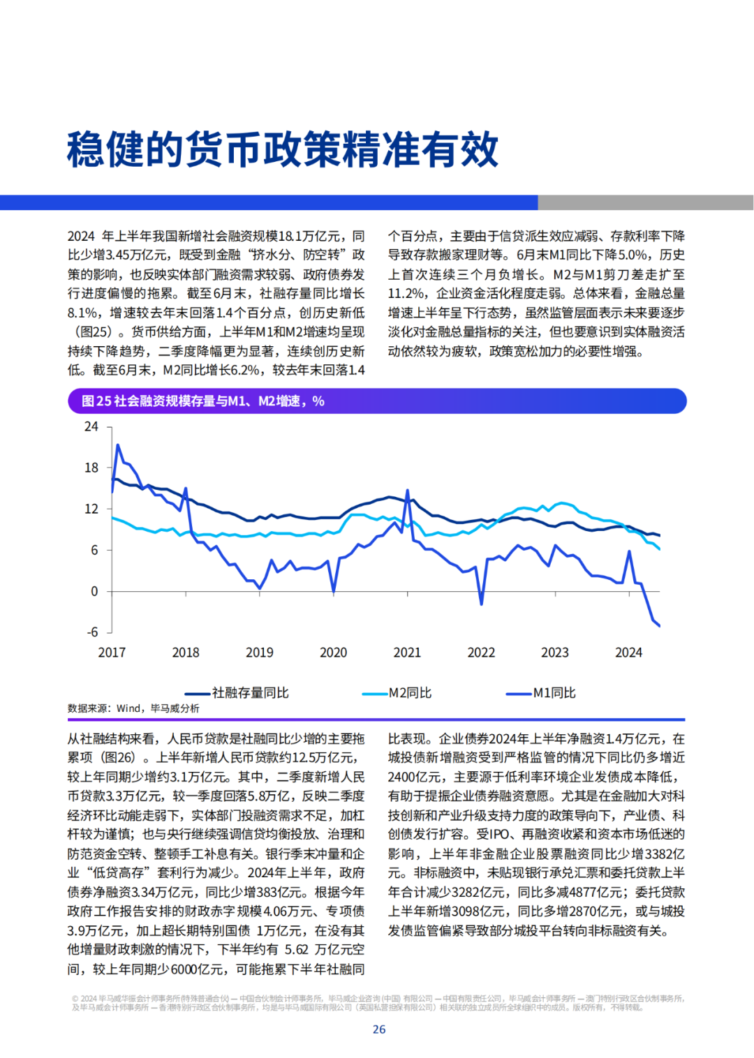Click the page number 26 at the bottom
[379, 1029]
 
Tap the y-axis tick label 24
[91, 426]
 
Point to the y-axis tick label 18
[91, 468]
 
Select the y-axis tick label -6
[93, 632]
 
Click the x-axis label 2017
[112, 653]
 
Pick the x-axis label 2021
[407, 653]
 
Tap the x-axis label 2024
[629, 653]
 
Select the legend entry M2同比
[397, 693]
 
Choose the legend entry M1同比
[541, 693]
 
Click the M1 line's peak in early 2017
[117, 445]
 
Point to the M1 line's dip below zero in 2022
[482, 604]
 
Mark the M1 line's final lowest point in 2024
[660, 626]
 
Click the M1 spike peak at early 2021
[407, 491]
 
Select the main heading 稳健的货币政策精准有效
[283, 149]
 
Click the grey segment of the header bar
[645, 202]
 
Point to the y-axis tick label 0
[94, 591]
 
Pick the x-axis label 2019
[260, 653]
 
